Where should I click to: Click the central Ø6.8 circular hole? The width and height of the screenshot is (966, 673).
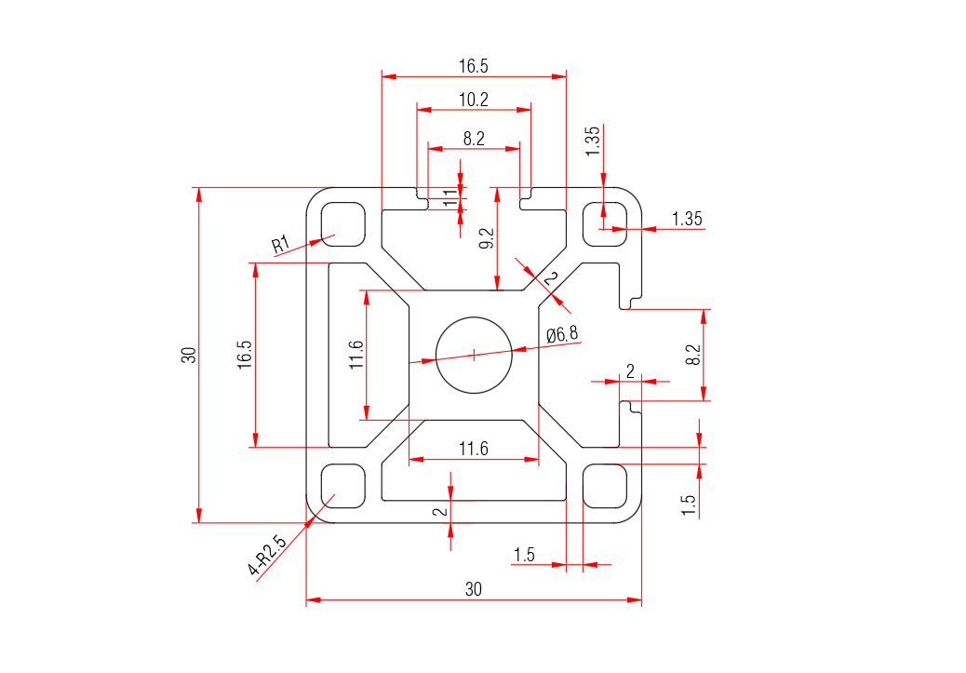474,354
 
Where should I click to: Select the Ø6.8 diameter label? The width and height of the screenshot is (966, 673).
562,334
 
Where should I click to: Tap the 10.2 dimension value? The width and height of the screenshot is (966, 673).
473,99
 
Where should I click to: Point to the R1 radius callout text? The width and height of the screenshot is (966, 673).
281,246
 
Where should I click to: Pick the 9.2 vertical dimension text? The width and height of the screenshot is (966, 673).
486,238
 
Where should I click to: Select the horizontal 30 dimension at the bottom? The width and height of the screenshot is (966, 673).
474,589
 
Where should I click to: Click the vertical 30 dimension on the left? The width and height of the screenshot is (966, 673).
189,355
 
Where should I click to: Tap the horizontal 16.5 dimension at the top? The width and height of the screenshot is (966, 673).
473,66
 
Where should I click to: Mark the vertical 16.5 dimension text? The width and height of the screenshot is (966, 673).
245,355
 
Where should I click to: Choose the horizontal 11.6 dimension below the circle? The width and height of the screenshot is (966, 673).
473,449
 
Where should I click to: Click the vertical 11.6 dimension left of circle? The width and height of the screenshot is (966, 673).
356,355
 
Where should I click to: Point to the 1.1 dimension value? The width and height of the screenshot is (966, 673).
449,196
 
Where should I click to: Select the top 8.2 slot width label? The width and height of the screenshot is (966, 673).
473,139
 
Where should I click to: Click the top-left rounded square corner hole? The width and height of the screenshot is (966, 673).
342,223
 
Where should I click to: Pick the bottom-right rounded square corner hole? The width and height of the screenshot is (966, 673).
605,486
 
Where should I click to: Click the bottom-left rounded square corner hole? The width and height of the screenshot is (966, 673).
342,486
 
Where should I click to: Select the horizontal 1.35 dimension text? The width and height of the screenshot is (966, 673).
687,219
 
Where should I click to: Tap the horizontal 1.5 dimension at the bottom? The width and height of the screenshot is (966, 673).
524,555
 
